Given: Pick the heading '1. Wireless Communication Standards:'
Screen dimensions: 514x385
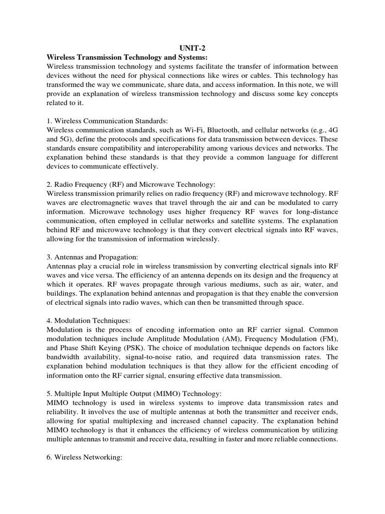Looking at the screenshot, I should (107, 120).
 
